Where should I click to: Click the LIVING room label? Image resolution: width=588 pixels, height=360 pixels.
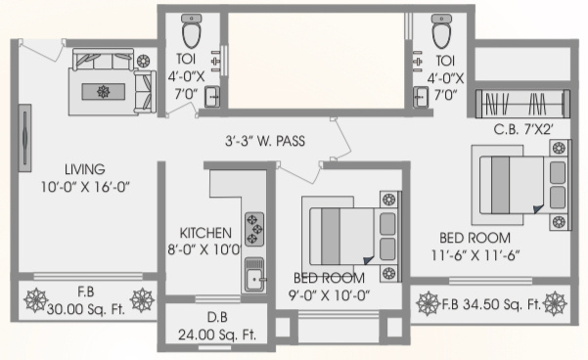(85, 169)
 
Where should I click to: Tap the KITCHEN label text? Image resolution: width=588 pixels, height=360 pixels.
(205, 233)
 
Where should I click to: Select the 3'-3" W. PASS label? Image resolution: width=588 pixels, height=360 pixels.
(265, 141)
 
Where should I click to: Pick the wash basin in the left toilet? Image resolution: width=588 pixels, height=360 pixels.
(212, 97)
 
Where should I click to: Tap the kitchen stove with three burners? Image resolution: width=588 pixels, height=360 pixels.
(254, 229)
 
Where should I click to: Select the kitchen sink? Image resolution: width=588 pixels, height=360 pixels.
(254, 275)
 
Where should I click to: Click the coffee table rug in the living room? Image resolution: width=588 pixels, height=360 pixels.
(104, 92)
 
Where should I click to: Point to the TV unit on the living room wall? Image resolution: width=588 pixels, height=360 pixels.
(24, 138)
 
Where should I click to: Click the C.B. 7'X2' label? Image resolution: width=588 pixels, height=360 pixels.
(523, 130)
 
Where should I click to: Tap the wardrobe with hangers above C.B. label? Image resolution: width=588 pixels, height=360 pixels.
(522, 103)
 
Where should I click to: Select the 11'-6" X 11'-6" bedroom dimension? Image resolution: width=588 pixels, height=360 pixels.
(475, 255)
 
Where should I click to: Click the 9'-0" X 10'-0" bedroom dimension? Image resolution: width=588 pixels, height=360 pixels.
(329, 295)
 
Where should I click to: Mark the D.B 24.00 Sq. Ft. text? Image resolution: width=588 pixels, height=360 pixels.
(217, 326)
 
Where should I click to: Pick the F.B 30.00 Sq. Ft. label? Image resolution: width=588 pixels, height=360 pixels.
(86, 300)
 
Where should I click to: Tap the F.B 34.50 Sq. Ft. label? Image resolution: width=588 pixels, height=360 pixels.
(491, 304)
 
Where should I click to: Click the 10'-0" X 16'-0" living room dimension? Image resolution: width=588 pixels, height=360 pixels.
(85, 187)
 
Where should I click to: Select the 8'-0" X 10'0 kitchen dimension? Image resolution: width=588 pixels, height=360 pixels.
(204, 249)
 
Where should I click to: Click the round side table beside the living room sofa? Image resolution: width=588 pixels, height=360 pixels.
(143, 61)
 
